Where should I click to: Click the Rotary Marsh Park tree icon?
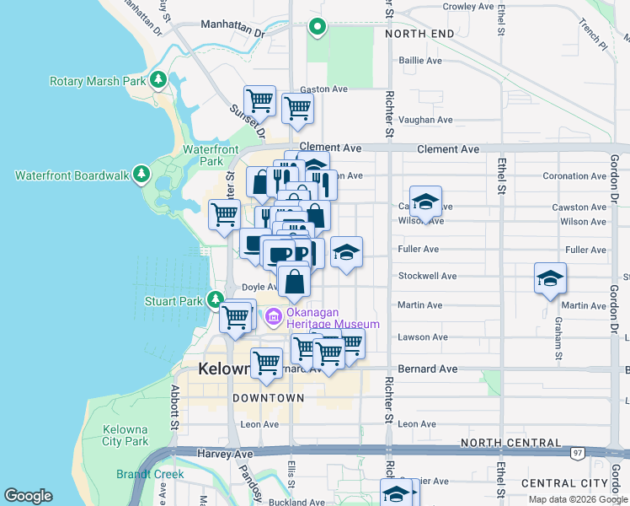157,81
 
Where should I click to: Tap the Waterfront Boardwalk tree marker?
142,175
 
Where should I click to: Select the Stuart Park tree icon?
216,299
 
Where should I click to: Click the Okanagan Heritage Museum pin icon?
273,317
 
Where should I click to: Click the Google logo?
28,496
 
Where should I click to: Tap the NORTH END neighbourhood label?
419,34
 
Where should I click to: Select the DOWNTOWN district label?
268,397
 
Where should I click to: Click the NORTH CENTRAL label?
511,442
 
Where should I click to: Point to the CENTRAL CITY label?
564,482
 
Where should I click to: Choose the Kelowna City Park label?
125,435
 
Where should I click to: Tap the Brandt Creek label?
150,474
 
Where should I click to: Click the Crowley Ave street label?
468,6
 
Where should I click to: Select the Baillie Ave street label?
420,61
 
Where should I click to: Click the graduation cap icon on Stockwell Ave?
550,278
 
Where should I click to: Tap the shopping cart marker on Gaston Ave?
297,107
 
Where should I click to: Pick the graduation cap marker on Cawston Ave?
426,202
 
